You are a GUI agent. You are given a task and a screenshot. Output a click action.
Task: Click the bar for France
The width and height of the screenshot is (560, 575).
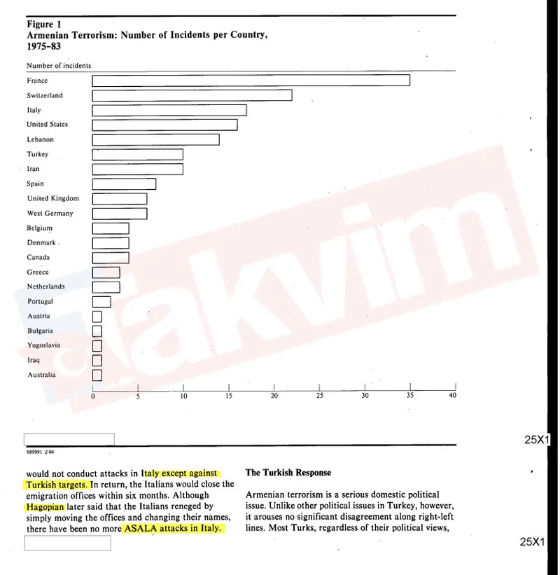[x=251, y=81]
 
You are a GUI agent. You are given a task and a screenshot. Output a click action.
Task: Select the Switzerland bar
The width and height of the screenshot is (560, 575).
[x=192, y=95]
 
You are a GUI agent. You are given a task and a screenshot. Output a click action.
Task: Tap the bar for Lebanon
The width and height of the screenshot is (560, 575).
[x=155, y=139]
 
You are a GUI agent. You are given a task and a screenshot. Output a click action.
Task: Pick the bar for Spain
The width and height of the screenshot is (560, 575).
[x=124, y=183]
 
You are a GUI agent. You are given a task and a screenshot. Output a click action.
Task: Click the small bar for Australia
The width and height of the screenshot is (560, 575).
[x=97, y=375]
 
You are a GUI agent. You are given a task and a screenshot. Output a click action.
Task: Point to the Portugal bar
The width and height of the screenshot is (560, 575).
[x=101, y=302]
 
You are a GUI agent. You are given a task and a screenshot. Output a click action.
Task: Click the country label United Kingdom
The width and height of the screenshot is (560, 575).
[x=53, y=198]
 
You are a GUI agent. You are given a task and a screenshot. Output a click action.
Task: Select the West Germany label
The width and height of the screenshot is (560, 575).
[x=50, y=213]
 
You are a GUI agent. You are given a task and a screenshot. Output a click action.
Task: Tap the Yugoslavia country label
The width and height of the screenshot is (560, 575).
[x=43, y=345]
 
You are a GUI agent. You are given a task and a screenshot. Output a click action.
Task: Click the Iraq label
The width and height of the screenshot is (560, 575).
[x=34, y=360]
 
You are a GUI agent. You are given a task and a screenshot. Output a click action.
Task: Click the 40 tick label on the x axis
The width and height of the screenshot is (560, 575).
[x=452, y=396]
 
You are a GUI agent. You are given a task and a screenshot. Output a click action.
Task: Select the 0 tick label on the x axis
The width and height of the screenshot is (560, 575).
[x=93, y=396]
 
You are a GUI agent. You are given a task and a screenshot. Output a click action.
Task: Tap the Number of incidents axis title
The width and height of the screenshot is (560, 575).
[x=59, y=66]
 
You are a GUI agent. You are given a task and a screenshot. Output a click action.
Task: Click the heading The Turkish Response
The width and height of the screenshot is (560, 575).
[x=288, y=473]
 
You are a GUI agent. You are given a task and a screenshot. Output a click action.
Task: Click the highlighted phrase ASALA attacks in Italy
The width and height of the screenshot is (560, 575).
[x=174, y=528]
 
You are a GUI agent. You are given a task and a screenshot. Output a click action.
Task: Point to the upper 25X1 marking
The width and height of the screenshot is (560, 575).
[x=538, y=440]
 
